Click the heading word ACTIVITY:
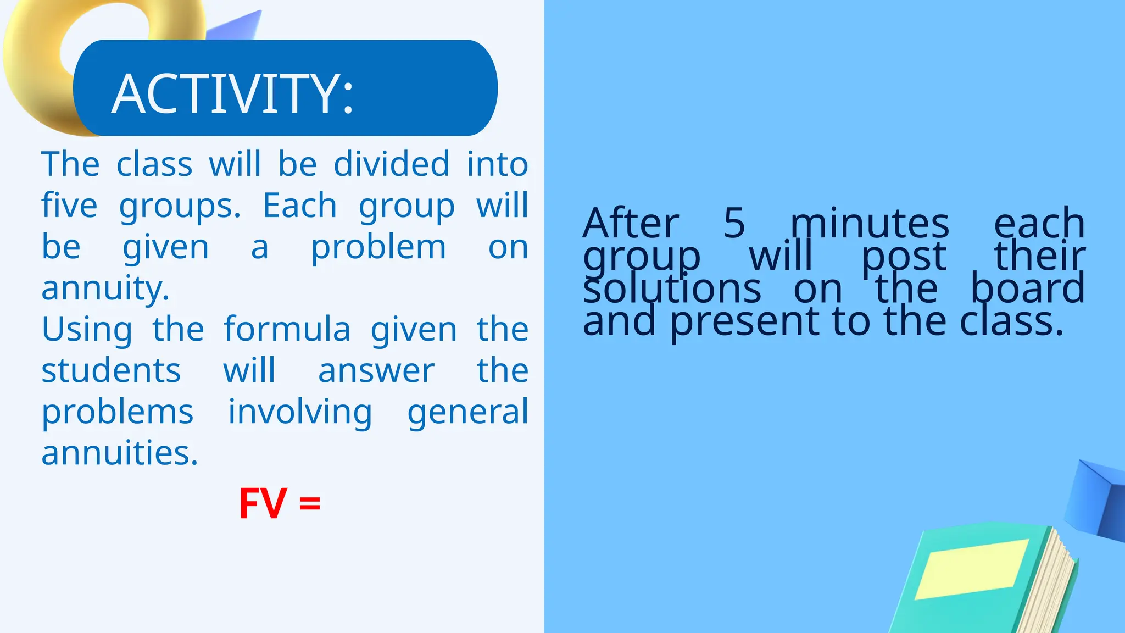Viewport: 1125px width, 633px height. point(232,95)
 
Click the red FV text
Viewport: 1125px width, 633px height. point(263,503)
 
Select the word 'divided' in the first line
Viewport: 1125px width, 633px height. point(392,164)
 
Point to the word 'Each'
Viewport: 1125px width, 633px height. point(300,206)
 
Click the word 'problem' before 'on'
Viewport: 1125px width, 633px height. point(378,248)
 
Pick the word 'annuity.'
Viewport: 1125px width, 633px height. point(105,288)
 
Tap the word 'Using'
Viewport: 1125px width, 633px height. point(87,330)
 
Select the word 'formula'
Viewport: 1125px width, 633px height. point(287,329)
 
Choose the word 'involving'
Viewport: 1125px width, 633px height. point(300,413)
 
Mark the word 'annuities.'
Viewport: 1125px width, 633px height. point(120,453)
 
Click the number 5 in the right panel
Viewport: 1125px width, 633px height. point(734,223)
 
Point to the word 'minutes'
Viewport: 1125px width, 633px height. point(870,223)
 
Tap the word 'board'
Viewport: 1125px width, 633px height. point(1027,288)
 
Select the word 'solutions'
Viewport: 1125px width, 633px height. point(672,288)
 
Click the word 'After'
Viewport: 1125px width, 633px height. point(631,223)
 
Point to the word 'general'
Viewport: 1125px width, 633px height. point(467,413)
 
